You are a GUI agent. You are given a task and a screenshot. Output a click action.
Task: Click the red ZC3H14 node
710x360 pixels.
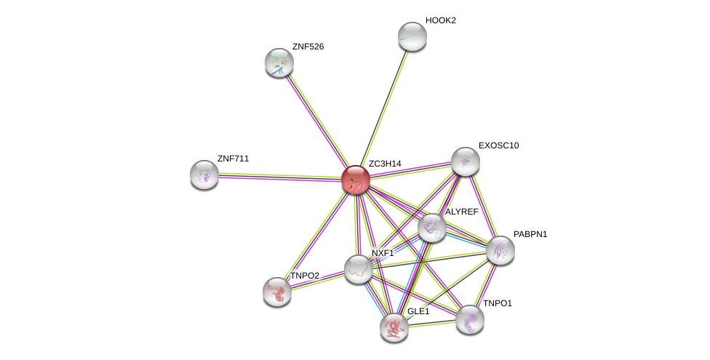(x=356, y=180)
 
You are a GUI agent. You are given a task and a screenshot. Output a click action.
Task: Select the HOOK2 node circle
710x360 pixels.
(x=412, y=36)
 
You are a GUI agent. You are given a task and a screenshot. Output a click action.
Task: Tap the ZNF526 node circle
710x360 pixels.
(x=279, y=63)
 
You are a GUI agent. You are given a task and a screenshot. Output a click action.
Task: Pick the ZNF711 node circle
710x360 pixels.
(x=204, y=175)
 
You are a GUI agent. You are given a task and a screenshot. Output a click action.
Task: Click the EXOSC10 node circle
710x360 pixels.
(x=466, y=161)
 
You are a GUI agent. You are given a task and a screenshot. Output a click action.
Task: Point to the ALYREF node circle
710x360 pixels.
(x=432, y=228)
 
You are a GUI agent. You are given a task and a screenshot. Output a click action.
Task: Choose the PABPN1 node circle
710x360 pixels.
(x=500, y=250)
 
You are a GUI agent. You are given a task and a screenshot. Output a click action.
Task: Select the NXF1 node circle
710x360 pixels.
(x=359, y=269)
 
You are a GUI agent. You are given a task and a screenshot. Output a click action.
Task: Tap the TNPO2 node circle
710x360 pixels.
(x=277, y=292)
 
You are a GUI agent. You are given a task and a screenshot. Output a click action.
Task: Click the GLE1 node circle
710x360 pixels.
(x=394, y=327)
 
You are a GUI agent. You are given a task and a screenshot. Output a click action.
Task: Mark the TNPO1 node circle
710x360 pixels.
(x=470, y=319)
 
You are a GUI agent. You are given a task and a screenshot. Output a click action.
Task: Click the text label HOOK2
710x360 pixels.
(x=440, y=20)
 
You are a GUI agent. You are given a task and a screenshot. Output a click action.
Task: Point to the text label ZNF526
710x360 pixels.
(x=308, y=47)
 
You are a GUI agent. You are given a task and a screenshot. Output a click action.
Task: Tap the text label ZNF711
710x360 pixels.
(x=233, y=159)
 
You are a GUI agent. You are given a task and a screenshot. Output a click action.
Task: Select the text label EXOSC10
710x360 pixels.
(x=498, y=145)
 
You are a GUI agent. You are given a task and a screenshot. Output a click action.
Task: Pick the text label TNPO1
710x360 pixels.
(x=498, y=303)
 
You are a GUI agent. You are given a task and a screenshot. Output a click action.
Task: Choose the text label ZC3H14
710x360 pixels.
(x=385, y=164)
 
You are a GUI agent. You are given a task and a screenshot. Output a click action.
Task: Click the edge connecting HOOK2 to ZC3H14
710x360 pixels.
(x=384, y=108)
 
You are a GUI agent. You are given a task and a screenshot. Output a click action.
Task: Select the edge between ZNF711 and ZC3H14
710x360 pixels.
(x=280, y=177)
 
